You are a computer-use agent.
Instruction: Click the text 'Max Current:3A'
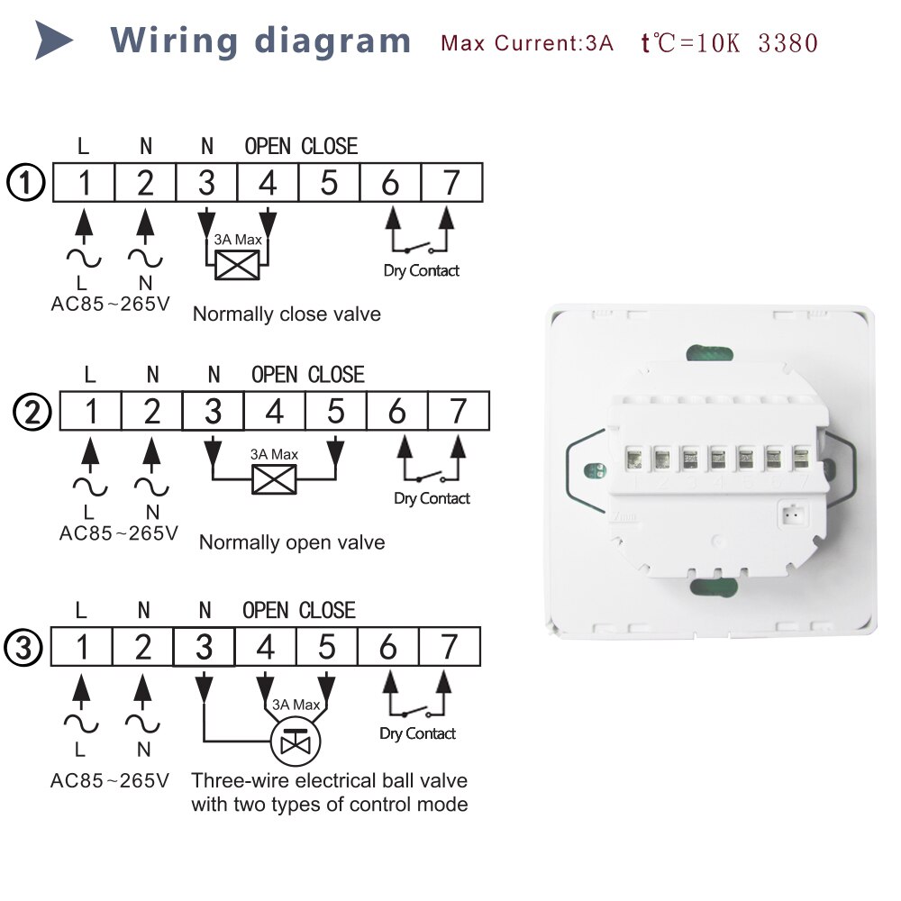point(527,43)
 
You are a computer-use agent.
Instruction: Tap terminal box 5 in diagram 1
point(329,183)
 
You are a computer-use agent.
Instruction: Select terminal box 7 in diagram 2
point(459,412)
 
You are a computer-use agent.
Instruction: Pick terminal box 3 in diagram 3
point(204,647)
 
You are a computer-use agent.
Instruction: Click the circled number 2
point(32,412)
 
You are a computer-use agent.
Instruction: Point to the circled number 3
point(23,648)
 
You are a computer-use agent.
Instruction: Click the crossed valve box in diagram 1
point(237,266)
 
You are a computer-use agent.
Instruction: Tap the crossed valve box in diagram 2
point(275,479)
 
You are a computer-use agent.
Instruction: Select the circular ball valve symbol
point(296,742)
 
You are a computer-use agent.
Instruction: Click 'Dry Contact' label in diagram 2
point(432,498)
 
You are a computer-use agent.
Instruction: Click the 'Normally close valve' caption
point(287,314)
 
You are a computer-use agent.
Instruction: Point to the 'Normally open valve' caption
point(292,542)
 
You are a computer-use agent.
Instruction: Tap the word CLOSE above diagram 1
point(329,146)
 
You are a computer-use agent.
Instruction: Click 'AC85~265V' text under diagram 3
point(110,780)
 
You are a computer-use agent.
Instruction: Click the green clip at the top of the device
point(710,353)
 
